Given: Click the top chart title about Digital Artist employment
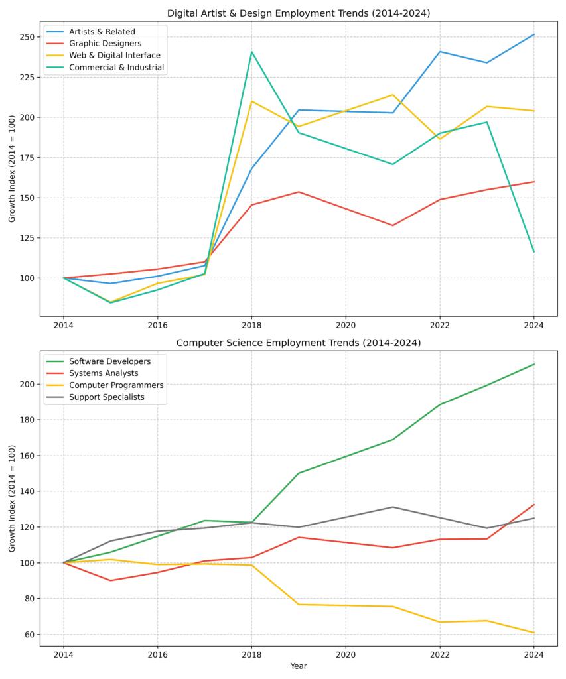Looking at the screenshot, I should click(298, 13).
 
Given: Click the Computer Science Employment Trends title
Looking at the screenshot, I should click(298, 343).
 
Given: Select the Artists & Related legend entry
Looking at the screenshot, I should click(102, 32).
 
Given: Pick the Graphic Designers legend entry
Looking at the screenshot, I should click(105, 44).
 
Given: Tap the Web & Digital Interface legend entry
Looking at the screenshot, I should click(114, 56).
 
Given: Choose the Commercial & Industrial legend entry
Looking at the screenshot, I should click(116, 68).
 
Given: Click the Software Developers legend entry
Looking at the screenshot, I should click(109, 361).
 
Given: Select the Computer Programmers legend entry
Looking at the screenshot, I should click(116, 385).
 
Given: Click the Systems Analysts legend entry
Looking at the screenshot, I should click(104, 373).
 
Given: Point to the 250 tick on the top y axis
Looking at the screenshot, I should click(27, 37).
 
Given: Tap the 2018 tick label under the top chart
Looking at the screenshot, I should click(251, 326).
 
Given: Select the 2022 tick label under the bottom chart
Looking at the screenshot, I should click(439, 656).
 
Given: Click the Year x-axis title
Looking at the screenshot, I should click(299, 666).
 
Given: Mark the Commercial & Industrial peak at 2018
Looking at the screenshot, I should click(251, 52).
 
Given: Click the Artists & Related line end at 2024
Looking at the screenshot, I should click(533, 34).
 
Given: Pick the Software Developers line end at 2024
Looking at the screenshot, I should click(533, 364).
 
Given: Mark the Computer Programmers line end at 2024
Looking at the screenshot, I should click(533, 633).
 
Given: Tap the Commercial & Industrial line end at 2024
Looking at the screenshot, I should click(533, 251).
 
